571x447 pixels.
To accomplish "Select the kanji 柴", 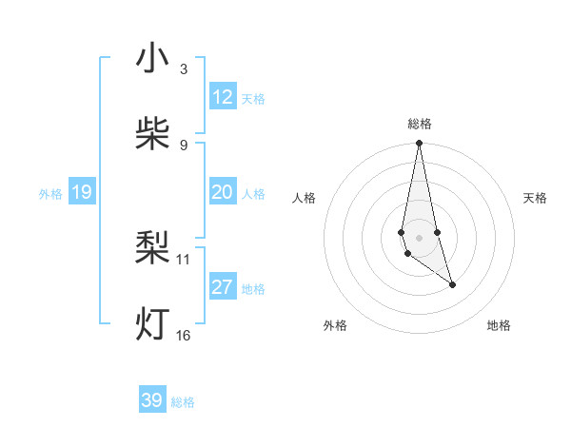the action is tap(152, 134).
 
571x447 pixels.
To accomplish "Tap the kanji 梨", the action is tap(152, 248).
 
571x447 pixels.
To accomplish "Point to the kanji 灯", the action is tap(152, 324).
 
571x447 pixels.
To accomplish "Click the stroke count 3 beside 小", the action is tap(183, 68).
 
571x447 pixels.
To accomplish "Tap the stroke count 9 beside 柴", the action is tap(183, 145).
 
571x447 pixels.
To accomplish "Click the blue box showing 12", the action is tap(223, 97).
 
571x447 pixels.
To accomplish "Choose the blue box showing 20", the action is tap(223, 192).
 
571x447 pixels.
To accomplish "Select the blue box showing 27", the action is tap(223, 287).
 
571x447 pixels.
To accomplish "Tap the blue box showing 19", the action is tap(82, 193).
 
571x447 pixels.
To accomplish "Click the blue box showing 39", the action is tap(152, 400).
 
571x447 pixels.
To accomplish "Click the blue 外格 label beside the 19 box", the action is tap(50, 194).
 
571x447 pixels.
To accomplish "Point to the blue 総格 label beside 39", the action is tap(183, 402).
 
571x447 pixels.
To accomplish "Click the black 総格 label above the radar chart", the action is tap(420, 124).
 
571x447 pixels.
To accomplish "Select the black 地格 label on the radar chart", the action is tap(499, 325).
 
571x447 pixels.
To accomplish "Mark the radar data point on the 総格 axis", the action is tap(419, 144).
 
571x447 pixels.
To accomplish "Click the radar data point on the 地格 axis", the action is tap(452, 284).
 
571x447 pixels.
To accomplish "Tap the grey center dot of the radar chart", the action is tap(419, 238).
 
